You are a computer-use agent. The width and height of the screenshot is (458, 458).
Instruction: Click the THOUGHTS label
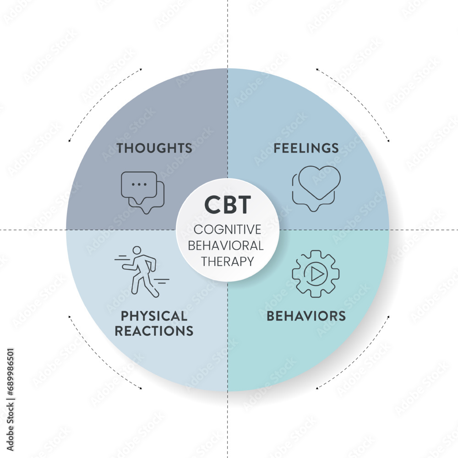coord(154,148)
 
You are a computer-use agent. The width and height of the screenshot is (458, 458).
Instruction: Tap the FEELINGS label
coord(306,148)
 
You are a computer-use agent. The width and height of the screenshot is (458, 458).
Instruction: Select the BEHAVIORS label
coord(306,316)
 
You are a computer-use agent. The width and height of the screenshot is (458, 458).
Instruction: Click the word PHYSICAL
coord(154,316)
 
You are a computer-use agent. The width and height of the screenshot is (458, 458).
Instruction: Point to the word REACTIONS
coord(154,331)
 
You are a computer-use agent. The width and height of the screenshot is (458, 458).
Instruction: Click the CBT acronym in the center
coord(227,205)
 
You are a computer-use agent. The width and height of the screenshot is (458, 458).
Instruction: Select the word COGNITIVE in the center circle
coord(227,229)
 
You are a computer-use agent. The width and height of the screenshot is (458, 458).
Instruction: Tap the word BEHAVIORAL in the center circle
coord(227,245)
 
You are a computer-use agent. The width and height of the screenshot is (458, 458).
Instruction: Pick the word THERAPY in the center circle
coord(227,261)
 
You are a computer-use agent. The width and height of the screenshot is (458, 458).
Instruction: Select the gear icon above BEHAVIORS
coord(316,274)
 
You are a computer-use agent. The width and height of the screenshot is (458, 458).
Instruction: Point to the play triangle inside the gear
coord(316,274)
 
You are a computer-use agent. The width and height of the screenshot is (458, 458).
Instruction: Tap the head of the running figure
coord(136,251)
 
